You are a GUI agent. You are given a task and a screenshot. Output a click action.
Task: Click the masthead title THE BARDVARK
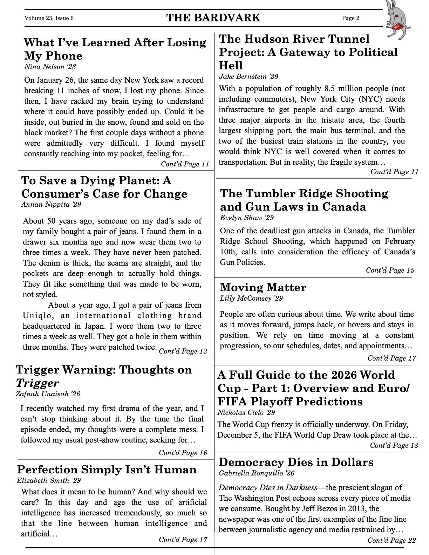tap(213, 18)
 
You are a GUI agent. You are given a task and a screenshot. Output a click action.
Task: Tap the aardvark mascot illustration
tap(398, 19)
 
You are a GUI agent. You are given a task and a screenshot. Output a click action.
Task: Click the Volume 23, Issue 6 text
tap(49, 18)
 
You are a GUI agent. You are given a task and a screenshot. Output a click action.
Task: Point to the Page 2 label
tap(350, 18)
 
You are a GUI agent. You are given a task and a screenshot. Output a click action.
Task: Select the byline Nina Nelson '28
tap(50, 67)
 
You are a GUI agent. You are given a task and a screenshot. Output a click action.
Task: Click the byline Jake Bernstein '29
tap(248, 76)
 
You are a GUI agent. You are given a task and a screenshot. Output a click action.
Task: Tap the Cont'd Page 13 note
tap(183, 351)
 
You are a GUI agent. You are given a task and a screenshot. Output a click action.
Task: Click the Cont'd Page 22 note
tap(391, 540)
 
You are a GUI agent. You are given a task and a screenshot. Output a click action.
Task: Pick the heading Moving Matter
tap(263, 287)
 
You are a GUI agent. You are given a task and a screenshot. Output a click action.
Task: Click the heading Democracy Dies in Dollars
tap(296, 462)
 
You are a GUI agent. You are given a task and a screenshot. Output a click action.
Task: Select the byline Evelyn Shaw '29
tap(247, 218)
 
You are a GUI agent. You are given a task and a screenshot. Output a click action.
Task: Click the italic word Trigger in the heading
tap(37, 383)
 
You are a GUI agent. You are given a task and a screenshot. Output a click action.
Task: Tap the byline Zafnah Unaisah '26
tap(48, 394)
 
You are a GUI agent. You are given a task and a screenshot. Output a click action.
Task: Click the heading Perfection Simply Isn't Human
tap(107, 470)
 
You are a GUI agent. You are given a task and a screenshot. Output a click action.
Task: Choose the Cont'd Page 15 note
tap(390, 270)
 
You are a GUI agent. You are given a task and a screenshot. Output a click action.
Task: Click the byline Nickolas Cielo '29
tap(246, 412)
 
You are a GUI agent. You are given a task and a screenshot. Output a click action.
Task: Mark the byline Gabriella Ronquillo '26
tap(257, 473)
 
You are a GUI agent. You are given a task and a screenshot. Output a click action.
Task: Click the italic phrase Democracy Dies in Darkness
tap(268, 488)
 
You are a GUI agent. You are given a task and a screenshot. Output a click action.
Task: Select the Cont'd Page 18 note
tap(394, 445)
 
